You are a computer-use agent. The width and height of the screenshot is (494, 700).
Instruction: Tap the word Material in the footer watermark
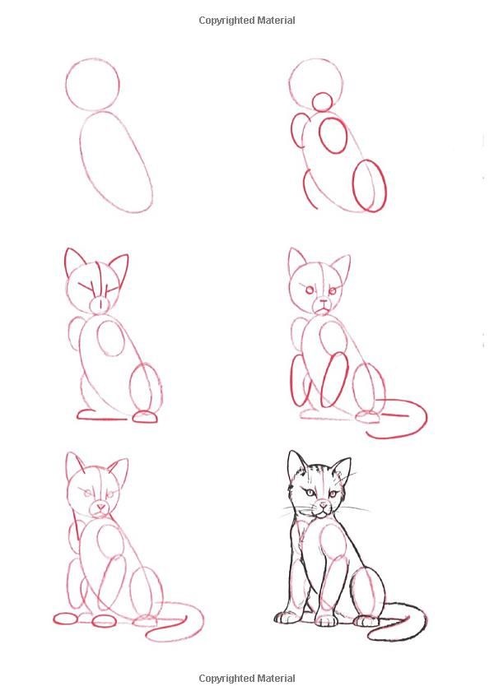274,679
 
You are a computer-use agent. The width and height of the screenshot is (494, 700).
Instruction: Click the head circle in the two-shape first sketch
92,85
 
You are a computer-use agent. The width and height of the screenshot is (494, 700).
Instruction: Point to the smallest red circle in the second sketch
322,102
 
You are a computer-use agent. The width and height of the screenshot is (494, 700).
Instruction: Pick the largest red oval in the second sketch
369,185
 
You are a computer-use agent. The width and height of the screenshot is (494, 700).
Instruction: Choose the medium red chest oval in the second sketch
333,136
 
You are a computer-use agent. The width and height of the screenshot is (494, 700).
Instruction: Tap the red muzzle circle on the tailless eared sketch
100,304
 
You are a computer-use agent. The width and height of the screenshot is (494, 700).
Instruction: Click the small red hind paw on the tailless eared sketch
146,417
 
